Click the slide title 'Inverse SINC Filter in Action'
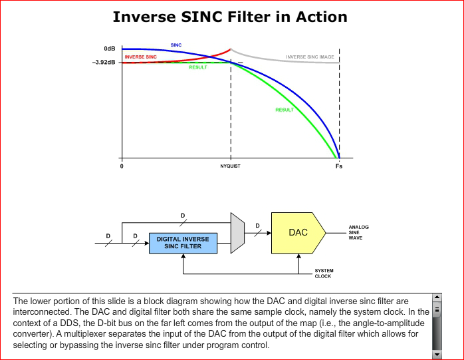[x=230, y=17]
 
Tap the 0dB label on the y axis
[x=110, y=49]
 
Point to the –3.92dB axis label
[x=104, y=63]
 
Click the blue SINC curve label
[x=176, y=45]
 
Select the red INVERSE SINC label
[x=140, y=57]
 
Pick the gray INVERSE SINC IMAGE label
[x=310, y=57]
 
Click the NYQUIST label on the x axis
[x=230, y=166]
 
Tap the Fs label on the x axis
[x=339, y=166]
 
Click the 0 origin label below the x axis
[x=122, y=166]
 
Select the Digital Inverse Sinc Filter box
[x=183, y=244]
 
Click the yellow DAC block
[x=298, y=233]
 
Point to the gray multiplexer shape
[x=237, y=233]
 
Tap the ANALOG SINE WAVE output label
[x=359, y=233]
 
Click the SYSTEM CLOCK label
[x=324, y=273]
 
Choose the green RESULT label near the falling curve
[x=285, y=110]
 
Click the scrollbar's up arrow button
[x=437, y=297]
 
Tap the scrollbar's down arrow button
[x=437, y=355]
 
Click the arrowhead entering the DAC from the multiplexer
[x=269, y=233]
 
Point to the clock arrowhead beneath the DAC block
[x=298, y=256]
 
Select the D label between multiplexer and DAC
[x=257, y=226]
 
